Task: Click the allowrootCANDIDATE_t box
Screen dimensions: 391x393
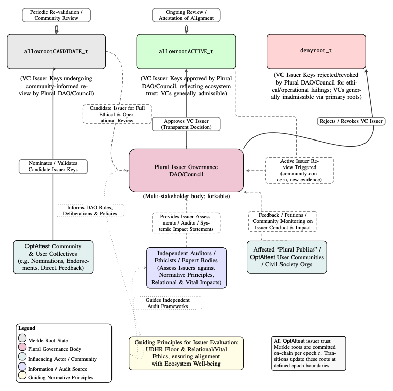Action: [x=57, y=51]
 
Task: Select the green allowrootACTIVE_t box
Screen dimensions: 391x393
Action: [x=186, y=51]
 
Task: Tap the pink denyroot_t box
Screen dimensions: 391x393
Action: [x=317, y=51]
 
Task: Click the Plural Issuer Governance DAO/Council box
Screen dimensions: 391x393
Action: [x=186, y=171]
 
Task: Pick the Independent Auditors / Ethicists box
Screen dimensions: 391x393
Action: [x=186, y=267]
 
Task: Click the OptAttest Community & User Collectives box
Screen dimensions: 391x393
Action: [x=53, y=257]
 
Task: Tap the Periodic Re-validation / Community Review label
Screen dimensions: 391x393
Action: [x=57, y=15]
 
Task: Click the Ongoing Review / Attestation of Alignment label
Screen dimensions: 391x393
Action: [x=186, y=15]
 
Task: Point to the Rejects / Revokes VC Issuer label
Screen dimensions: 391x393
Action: [x=350, y=121]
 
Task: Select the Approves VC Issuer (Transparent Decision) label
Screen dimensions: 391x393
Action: [x=186, y=124]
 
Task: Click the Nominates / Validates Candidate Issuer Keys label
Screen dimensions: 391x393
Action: [x=53, y=166]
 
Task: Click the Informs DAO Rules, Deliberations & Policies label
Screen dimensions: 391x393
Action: [x=89, y=210]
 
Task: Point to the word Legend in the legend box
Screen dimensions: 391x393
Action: [x=26, y=328]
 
